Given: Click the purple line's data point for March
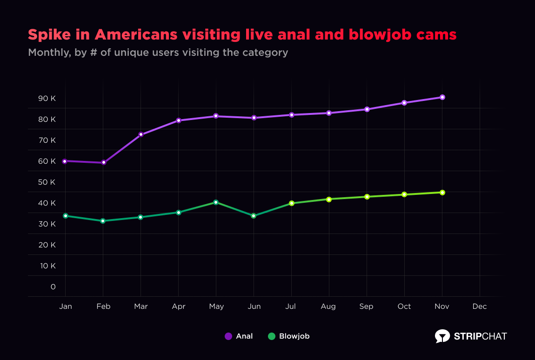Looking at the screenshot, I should pyautogui.click(x=141, y=134).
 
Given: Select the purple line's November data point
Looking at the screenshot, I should pyautogui.click(x=442, y=97).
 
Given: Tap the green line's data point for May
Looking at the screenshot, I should pyautogui.click(x=216, y=202).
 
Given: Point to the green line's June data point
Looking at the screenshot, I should pyautogui.click(x=254, y=216).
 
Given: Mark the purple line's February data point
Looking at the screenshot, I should pyautogui.click(x=103, y=163).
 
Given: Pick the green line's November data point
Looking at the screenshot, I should pyautogui.click(x=442, y=193).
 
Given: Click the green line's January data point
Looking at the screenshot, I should pyautogui.click(x=66, y=216).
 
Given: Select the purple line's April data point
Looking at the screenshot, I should pyautogui.click(x=179, y=120).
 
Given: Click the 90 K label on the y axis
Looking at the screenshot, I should pyautogui.click(x=47, y=99).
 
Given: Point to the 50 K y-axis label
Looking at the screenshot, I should pyautogui.click(x=47, y=182).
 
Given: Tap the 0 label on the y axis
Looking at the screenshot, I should pyautogui.click(x=53, y=287).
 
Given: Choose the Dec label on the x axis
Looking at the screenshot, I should pyautogui.click(x=480, y=307).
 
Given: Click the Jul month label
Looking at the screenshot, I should pyautogui.click(x=291, y=307).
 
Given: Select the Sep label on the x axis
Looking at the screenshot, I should pyautogui.click(x=367, y=307).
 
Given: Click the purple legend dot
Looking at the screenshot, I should pyautogui.click(x=228, y=336).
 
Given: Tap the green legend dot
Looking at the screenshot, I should pyautogui.click(x=272, y=336).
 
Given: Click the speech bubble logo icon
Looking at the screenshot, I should pyautogui.click(x=442, y=336).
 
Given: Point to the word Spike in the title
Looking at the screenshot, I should pyautogui.click(x=45, y=35).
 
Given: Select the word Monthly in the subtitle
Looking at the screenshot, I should pyautogui.click(x=48, y=53).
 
